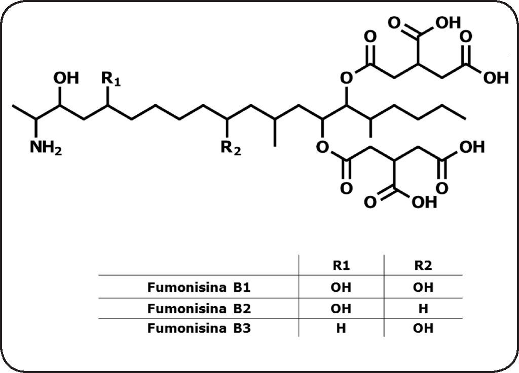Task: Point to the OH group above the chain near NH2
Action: pos(66,78)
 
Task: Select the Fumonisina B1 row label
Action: pos(199,287)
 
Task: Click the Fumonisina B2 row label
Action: pos(199,308)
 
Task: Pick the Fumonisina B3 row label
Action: pos(199,328)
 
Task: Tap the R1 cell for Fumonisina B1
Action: pos(341,287)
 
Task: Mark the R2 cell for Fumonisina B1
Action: pos(423,287)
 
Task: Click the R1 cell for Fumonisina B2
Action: pos(341,308)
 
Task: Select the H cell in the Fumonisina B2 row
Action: pos(423,308)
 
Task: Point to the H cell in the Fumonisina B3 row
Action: pos(341,328)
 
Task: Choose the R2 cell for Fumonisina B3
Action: pos(423,328)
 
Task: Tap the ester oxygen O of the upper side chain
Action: pos(347,77)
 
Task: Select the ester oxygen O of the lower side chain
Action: pos(321,147)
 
